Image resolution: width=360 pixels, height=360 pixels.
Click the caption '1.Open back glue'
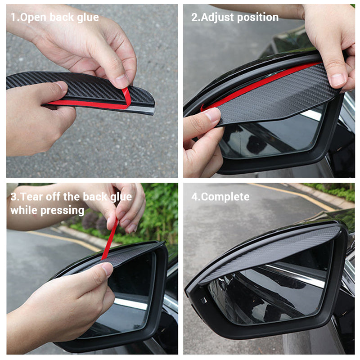point(54,18)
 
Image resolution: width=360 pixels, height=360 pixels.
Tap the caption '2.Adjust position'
point(234,18)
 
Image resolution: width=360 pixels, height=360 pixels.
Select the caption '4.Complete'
point(220,197)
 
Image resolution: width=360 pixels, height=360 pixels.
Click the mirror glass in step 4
point(270,292)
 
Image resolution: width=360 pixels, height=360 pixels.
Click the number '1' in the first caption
point(13,18)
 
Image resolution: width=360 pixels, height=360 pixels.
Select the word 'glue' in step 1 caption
point(88,18)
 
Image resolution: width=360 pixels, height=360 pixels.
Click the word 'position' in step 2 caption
point(258,18)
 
